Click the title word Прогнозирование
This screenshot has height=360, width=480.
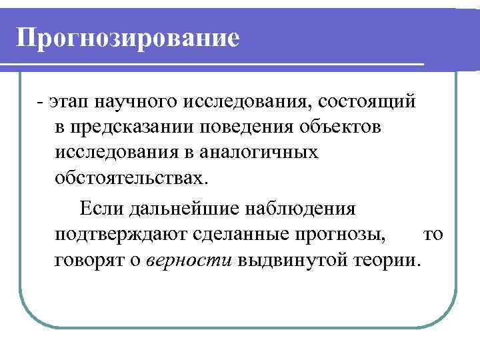click(x=127, y=37)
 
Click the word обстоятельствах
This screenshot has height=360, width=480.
click(x=132, y=178)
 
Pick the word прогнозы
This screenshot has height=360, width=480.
click(x=344, y=234)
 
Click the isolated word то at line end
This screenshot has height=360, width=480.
click(x=433, y=234)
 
